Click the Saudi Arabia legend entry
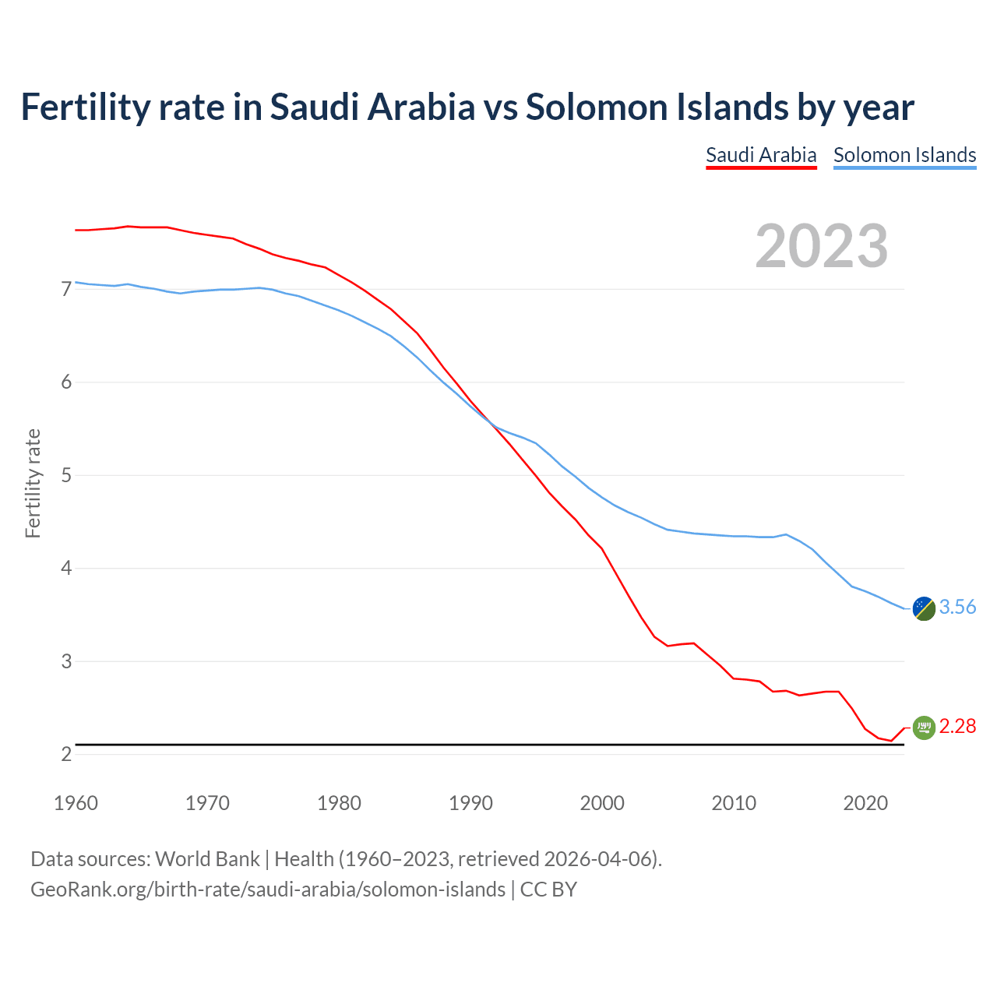pyautogui.click(x=761, y=155)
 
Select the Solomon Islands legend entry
pyautogui.click(x=904, y=155)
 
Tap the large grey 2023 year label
pyautogui.click(x=822, y=246)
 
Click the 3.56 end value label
pyautogui.click(x=957, y=608)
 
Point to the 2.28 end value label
pyautogui.click(x=957, y=727)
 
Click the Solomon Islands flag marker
pyautogui.click(x=924, y=608)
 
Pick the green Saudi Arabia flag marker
pyautogui.click(x=924, y=727)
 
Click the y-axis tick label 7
pyautogui.click(x=66, y=290)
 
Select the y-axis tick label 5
pyautogui.click(x=66, y=476)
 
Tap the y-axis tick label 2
pyautogui.click(x=66, y=755)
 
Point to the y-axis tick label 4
pyautogui.click(x=66, y=569)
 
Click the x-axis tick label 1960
pyautogui.click(x=76, y=803)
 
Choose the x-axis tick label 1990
pyautogui.click(x=470, y=803)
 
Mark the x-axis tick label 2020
pyautogui.click(x=865, y=803)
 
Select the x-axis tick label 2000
pyautogui.click(x=602, y=803)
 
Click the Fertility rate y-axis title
pyautogui.click(x=33, y=483)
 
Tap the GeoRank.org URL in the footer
pyautogui.click(x=268, y=890)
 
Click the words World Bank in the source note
pyautogui.click(x=207, y=859)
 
